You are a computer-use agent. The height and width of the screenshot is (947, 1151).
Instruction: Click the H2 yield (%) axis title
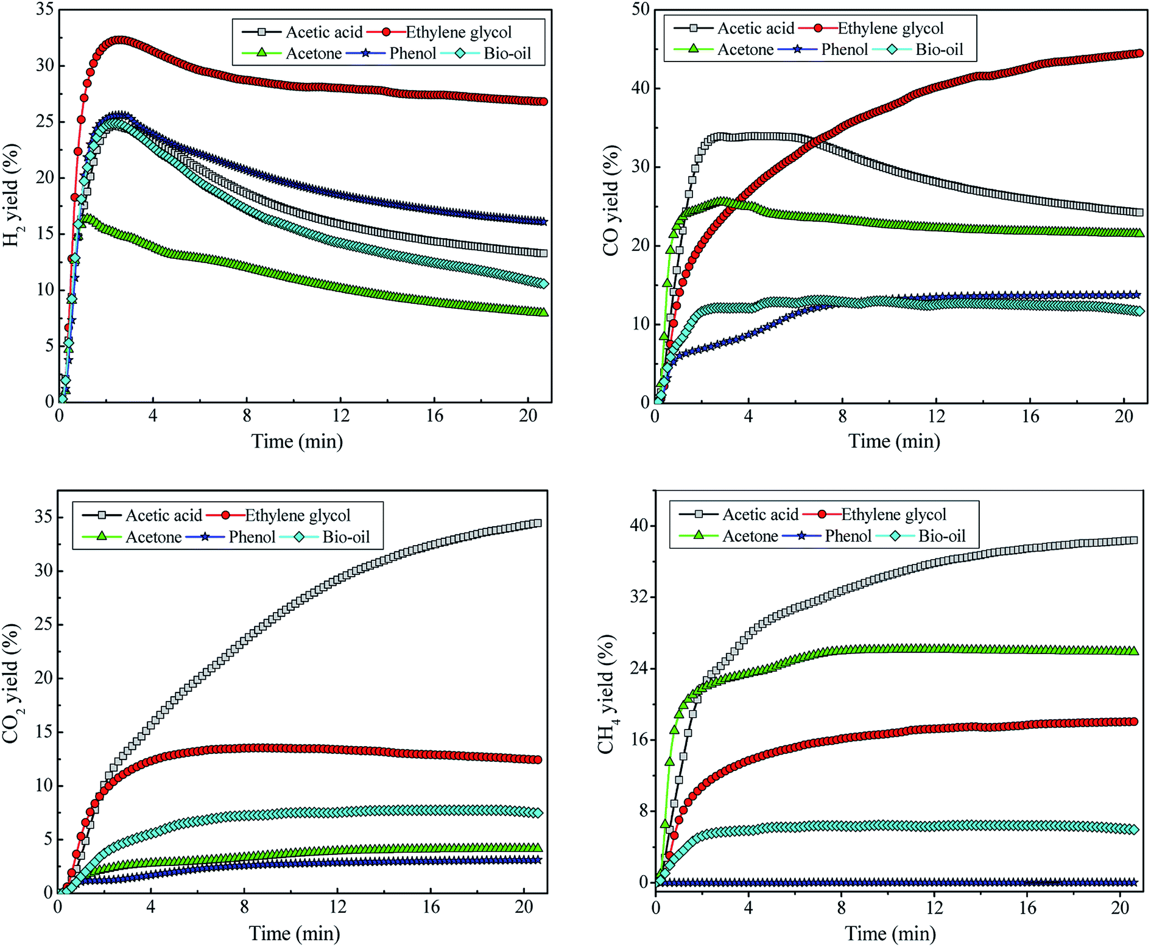(12, 195)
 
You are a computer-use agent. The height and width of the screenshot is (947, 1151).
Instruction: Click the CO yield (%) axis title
(610, 200)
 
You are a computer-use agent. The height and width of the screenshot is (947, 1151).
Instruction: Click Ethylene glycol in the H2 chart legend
(458, 32)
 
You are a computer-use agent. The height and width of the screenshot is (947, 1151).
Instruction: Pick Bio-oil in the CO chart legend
(938, 50)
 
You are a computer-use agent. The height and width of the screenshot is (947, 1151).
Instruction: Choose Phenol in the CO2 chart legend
(252, 537)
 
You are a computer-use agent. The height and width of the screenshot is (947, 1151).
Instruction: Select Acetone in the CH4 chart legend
(750, 537)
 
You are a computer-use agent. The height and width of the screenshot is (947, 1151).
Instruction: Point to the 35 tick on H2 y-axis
(44, 10)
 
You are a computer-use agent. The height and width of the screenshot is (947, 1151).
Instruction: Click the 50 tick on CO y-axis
(641, 10)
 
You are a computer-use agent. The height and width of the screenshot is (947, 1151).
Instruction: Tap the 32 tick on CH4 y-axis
(639, 597)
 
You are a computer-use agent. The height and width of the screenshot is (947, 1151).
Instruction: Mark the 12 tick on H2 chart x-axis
(340, 416)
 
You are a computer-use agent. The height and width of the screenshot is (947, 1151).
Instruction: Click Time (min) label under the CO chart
(893, 441)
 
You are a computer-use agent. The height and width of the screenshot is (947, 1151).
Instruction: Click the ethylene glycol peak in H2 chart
(120, 40)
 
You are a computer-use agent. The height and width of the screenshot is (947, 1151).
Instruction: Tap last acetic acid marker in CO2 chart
(537, 523)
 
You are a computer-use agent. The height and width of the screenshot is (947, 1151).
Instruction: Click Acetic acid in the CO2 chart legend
(163, 516)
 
